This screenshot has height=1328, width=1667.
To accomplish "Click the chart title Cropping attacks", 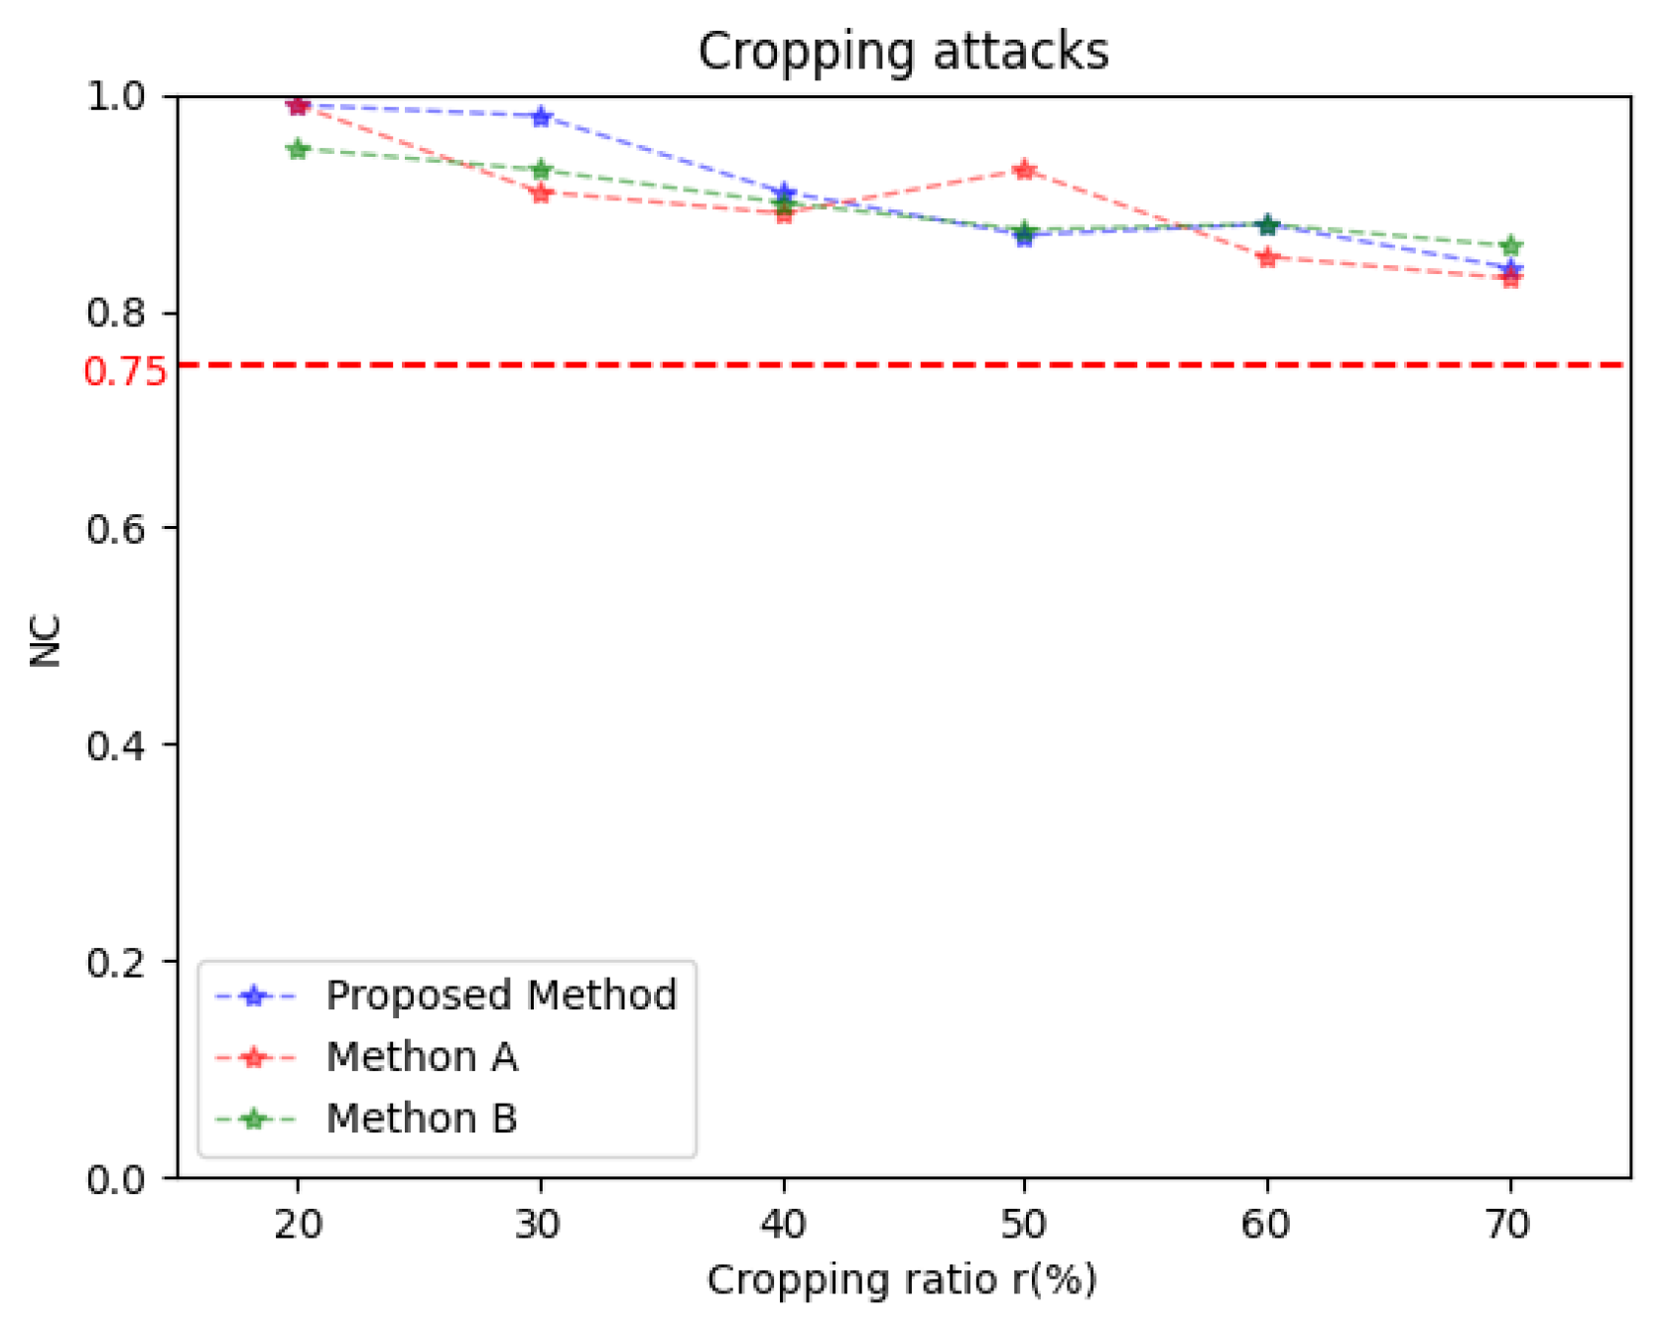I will (902, 52).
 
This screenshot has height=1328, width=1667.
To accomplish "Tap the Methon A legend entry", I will (422, 1058).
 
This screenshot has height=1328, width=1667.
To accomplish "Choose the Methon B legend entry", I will (422, 1120).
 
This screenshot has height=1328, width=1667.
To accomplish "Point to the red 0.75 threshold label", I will (125, 372).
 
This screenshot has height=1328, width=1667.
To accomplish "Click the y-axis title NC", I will (46, 640).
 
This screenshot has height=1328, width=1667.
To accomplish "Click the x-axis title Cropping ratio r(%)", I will (902, 1280).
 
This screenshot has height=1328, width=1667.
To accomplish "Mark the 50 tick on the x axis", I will (1024, 1225).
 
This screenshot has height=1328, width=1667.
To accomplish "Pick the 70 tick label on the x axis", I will (1508, 1225).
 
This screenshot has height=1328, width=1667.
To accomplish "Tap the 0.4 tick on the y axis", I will (116, 745).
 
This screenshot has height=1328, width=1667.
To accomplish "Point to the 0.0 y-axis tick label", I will (116, 1180).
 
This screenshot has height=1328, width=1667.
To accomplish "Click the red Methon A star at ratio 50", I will (1025, 170).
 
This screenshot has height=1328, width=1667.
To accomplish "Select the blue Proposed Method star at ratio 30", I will (541, 116).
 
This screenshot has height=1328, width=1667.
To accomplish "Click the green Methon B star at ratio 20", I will (298, 149).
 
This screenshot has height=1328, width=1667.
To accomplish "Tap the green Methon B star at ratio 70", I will (1510, 245).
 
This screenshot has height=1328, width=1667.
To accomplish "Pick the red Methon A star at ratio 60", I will (1267, 258).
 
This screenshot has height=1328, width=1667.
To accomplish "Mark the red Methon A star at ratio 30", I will (541, 193).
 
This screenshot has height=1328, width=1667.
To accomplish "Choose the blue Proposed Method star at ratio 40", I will (784, 193).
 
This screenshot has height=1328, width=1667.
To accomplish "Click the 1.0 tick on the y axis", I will (116, 96).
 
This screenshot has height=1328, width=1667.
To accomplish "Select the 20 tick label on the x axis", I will (298, 1225).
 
